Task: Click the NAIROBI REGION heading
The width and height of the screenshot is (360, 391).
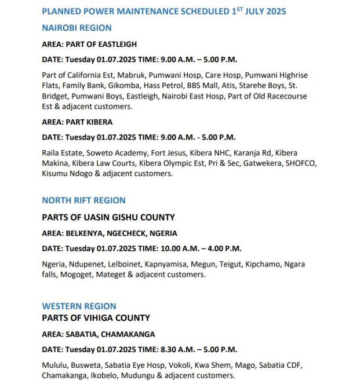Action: (77, 28)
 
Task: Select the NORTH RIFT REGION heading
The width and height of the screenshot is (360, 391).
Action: (83, 200)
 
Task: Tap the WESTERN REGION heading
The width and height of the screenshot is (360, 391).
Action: (79, 306)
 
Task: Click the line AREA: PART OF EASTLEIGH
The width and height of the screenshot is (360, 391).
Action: (89, 45)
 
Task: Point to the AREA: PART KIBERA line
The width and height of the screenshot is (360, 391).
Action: (77, 122)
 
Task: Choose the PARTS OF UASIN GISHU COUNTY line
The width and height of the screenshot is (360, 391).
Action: (108, 218)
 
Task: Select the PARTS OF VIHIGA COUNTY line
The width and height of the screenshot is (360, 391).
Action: (96, 318)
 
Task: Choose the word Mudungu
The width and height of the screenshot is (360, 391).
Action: (156, 375)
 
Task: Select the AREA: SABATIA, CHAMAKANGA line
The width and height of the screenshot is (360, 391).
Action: (99, 334)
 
